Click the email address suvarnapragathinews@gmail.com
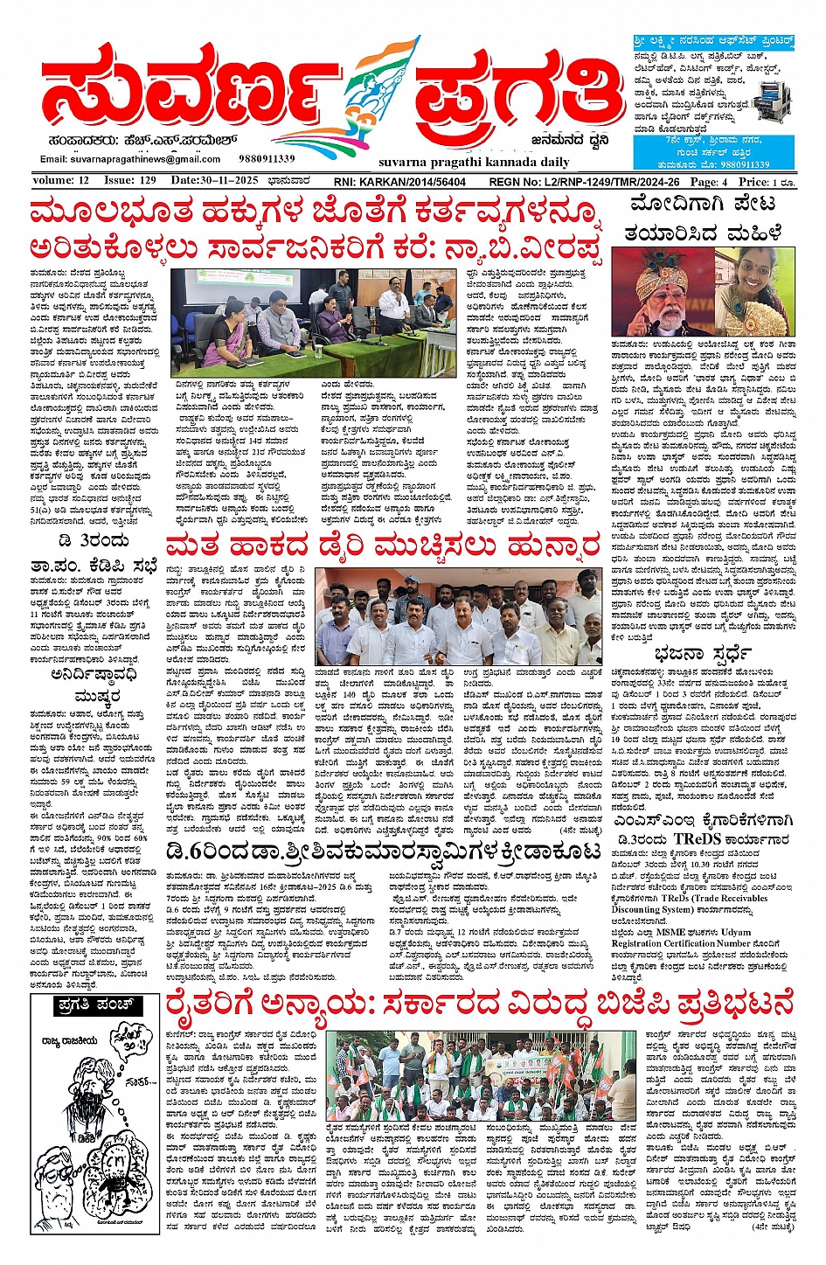click(130, 159)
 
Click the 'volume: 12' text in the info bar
click(61, 181)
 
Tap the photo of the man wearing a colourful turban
click(662, 292)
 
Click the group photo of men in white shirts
click(458, 616)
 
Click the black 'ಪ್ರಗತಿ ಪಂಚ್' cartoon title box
click(95, 1005)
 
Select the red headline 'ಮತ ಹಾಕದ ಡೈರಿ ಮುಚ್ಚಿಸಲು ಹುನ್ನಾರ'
click(383, 547)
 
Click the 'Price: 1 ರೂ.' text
click(767, 182)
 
